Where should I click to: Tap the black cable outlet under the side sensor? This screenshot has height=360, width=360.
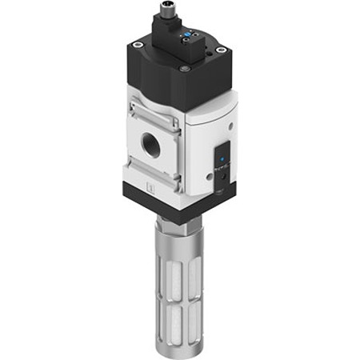click(x=219, y=189)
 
